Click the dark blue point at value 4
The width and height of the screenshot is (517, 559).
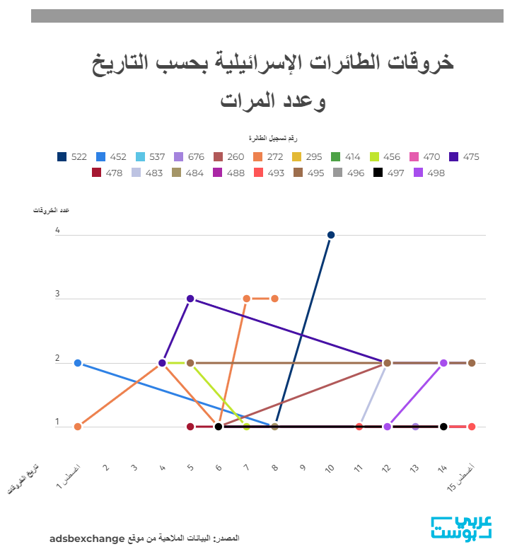tap(331, 235)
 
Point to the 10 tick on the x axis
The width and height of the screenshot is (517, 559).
tap(330, 468)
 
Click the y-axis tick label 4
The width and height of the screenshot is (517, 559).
tap(57, 231)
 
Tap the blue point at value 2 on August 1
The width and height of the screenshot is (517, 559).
tap(78, 363)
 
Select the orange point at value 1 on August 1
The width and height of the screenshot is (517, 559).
tap(78, 427)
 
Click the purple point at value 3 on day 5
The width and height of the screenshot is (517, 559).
tap(190, 299)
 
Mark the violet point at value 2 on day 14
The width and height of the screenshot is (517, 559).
tap(443, 363)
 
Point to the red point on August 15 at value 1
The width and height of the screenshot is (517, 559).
tap(472, 427)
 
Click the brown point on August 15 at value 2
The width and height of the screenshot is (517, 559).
tap(472, 363)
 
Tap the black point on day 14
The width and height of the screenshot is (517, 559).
tap(443, 427)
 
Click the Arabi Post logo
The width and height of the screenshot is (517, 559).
tap(461, 529)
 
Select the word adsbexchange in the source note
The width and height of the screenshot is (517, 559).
tap(87, 538)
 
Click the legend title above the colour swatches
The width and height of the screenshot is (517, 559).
tap(272, 137)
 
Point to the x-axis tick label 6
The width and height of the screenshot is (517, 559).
tap(219, 468)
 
